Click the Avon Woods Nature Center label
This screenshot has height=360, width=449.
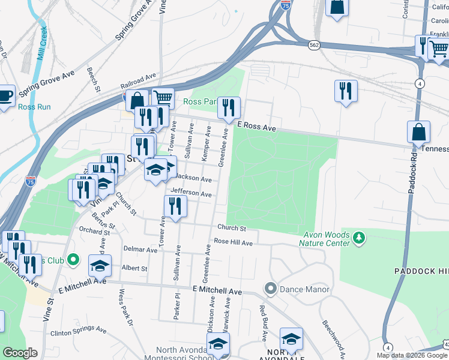coord(327,239)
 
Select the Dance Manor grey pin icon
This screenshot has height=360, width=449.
coord(270,289)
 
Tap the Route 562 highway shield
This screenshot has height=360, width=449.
coord(314,45)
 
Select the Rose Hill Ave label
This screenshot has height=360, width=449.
coord(234,242)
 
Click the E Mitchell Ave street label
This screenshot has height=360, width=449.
coord(217,290)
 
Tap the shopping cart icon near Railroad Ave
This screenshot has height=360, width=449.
coord(163,97)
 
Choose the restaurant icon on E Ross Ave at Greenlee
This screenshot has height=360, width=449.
coord(229,107)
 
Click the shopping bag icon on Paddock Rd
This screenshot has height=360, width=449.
coord(418,132)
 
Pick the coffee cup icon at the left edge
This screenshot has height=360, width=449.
coord(5,96)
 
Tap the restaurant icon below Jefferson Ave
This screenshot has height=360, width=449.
coord(175,206)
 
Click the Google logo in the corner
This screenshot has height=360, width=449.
coord(20,353)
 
